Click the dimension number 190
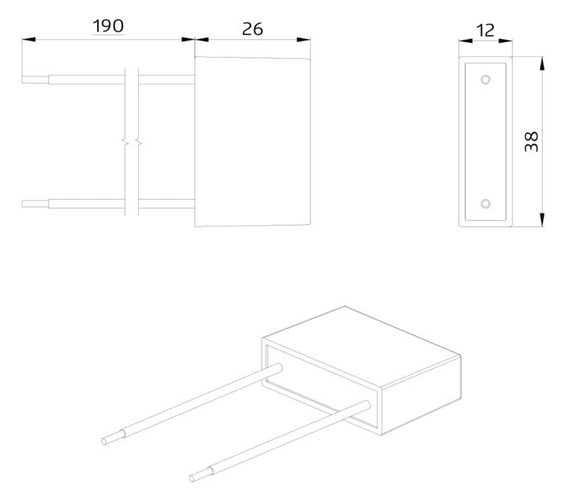(108, 26)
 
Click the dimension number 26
(252, 29)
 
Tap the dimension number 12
(485, 31)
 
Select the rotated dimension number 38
(531, 141)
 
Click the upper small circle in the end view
(486, 79)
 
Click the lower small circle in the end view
(486, 204)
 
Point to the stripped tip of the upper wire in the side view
(35, 79)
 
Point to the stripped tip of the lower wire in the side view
(35, 204)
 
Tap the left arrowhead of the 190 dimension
(29, 39)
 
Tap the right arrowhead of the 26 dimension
(303, 39)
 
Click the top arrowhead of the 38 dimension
(542, 63)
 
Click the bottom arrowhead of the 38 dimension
(542, 220)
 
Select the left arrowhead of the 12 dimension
(466, 41)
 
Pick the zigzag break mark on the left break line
(125, 142)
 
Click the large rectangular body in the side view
(253, 141)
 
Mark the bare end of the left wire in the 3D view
(113, 436)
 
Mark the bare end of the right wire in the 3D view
(201, 474)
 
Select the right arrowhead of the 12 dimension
(505, 41)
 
